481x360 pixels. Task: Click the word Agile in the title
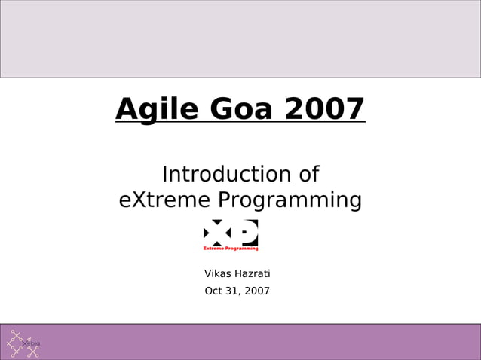click(x=158, y=110)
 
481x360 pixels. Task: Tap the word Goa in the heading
click(x=241, y=110)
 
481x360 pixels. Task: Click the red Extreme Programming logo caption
click(x=231, y=248)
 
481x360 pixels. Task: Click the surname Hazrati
click(x=254, y=273)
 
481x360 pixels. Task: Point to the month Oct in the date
click(x=214, y=291)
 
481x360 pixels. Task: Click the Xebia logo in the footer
click(x=23, y=343)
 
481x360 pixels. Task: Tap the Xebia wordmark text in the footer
click(x=32, y=343)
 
